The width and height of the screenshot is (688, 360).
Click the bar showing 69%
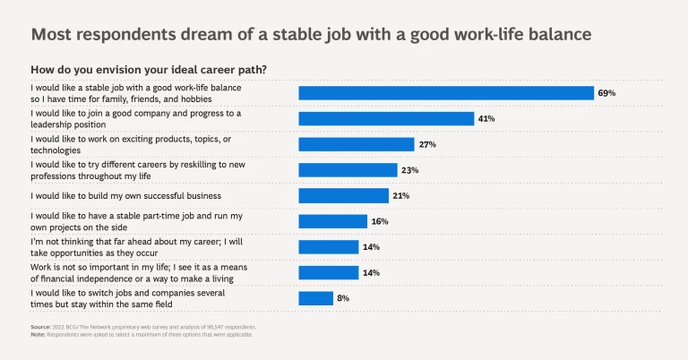[x=445, y=93]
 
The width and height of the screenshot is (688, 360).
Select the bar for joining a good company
[x=385, y=118]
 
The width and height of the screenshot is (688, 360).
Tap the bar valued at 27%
[x=356, y=144]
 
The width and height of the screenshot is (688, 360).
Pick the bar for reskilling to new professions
[x=348, y=170]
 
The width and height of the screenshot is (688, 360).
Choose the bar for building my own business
[x=343, y=195]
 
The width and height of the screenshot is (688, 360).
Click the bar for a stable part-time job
[x=332, y=221]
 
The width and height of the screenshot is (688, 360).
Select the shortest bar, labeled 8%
[x=315, y=298]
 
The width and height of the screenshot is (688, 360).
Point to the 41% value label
[x=486, y=118]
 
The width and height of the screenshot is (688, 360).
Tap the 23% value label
[x=409, y=170]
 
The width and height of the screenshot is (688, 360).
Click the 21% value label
[x=401, y=195]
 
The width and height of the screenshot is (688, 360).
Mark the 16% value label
[x=380, y=221]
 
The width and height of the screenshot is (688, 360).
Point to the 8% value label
[x=343, y=298]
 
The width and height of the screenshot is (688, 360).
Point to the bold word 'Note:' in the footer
[x=38, y=335]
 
